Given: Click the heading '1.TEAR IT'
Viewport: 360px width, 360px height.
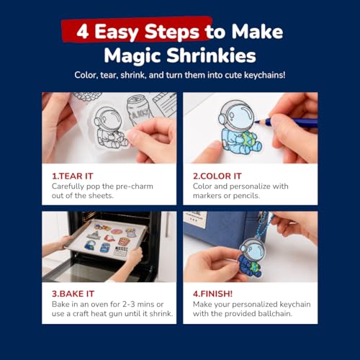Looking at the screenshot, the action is coord(73,176).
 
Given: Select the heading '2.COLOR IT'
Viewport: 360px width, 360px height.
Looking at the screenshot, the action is coord(217,176).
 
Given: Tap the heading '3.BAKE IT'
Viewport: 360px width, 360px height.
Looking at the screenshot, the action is coord(73,294).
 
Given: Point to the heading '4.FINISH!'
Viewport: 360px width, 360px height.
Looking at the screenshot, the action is coord(212,294).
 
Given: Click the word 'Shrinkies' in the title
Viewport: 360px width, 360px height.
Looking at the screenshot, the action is coord(211,55).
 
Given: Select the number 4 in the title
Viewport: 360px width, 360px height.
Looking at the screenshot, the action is coord(83,32).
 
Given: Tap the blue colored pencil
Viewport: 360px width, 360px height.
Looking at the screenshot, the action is coord(286,122).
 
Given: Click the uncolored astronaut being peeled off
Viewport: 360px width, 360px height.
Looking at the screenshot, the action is coord(109,128).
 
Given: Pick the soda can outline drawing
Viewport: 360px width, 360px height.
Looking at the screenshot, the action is coord(140,109).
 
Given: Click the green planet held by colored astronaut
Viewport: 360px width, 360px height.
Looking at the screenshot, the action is coord(248,140).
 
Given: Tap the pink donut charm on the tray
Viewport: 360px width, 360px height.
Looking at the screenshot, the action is coord(117,232).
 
